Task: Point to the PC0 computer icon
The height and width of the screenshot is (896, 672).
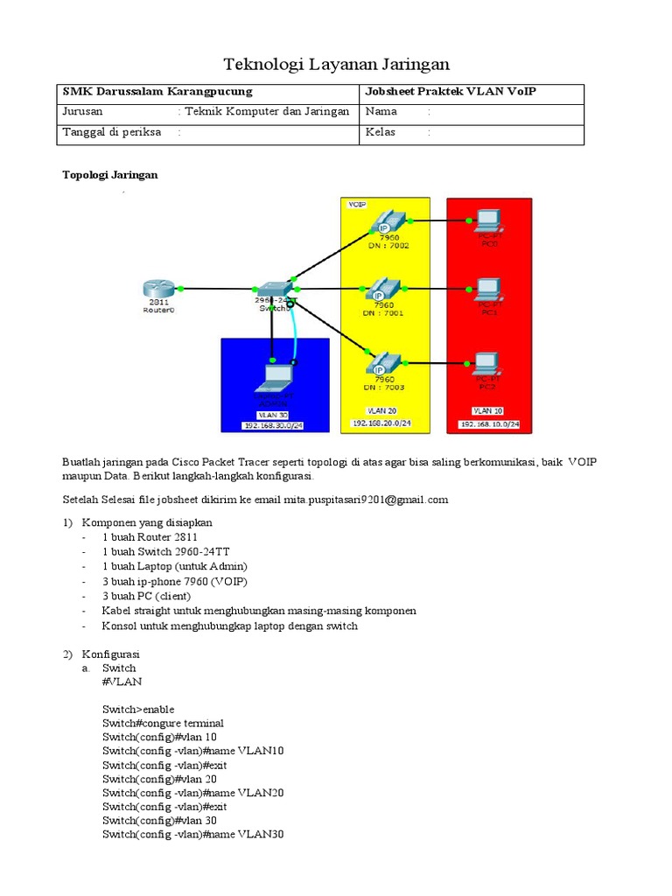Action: pyautogui.click(x=487, y=220)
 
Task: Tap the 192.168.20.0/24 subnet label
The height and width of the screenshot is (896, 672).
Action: pyautogui.click(x=381, y=423)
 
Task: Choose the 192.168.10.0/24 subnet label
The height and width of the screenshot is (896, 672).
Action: pyautogui.click(x=490, y=423)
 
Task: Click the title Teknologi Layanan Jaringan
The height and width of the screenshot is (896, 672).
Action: pyautogui.click(x=336, y=64)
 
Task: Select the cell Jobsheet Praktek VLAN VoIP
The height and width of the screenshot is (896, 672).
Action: pyautogui.click(x=451, y=92)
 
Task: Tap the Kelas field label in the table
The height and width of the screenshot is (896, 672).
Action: pyautogui.click(x=381, y=132)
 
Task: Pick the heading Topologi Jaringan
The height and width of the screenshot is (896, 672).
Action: pyautogui.click(x=109, y=175)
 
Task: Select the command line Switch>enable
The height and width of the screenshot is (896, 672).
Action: pyautogui.click(x=137, y=709)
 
